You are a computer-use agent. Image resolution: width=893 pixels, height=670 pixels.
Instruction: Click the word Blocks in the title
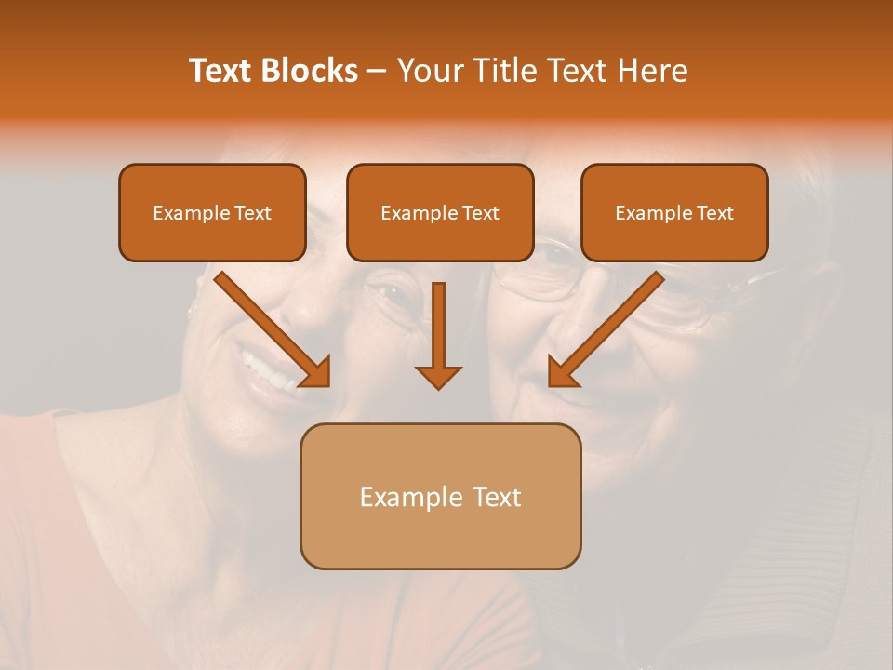click(x=312, y=71)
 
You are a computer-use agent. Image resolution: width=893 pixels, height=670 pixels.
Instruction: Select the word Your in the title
click(x=425, y=71)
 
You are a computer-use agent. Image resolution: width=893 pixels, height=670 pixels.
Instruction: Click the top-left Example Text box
click(x=212, y=212)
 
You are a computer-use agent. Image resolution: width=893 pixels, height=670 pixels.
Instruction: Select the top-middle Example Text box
click(x=440, y=212)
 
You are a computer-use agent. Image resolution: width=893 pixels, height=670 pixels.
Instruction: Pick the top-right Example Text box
click(x=674, y=212)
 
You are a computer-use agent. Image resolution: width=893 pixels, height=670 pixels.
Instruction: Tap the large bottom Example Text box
click(x=440, y=496)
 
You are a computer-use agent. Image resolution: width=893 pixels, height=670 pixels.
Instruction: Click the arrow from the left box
click(x=270, y=326)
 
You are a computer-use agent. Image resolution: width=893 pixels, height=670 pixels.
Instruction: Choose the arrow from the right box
click(x=609, y=326)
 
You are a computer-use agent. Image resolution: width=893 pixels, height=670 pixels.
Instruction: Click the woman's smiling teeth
click(x=270, y=372)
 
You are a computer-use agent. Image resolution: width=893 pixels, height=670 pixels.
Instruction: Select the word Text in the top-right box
click(x=713, y=213)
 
